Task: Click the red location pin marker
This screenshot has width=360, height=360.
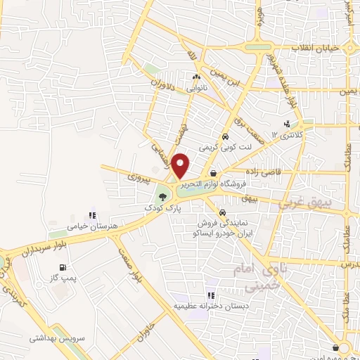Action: point(181,166)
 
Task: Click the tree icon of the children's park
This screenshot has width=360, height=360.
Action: point(163,198)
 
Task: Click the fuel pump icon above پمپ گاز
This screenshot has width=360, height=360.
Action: point(63,267)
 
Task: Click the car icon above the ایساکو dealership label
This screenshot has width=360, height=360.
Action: point(222,212)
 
